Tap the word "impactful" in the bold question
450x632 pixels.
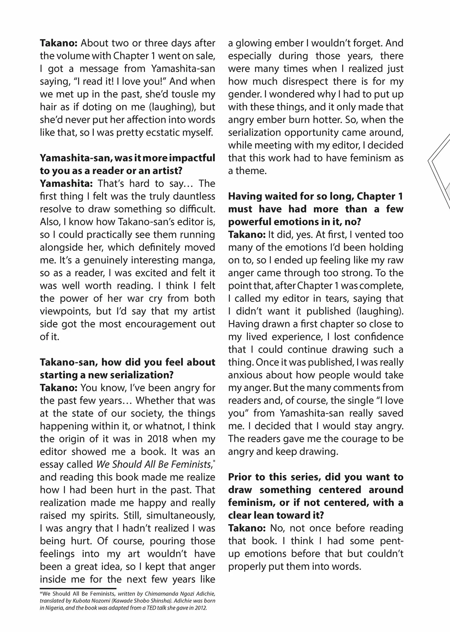192,158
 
